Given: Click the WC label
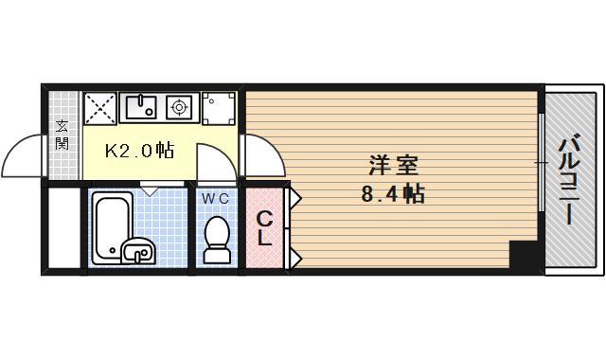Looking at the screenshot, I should [x=215, y=198].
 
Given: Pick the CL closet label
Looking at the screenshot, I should [x=265, y=228].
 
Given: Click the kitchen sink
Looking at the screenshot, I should [x=140, y=105].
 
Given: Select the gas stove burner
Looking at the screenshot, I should [x=179, y=107].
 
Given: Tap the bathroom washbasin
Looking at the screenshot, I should [x=138, y=252].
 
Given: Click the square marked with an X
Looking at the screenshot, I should [x=100, y=106].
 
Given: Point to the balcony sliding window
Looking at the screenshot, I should [x=541, y=165].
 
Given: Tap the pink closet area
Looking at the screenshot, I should [x=265, y=227].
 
